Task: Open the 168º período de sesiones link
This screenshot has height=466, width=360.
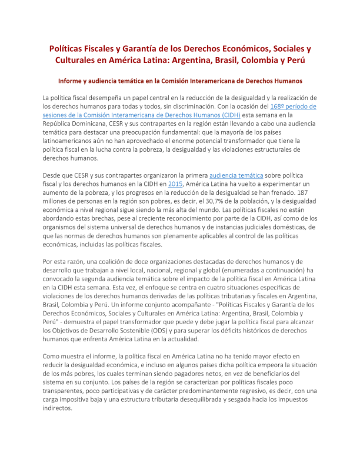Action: (293, 106)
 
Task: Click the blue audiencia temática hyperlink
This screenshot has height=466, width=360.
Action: (235, 175)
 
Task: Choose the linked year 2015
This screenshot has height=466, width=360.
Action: (175, 184)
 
